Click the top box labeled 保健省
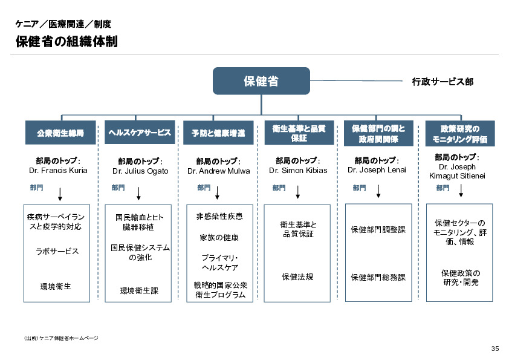(261, 80)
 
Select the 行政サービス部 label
(443, 81)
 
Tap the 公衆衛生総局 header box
(60, 133)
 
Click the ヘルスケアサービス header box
(140, 133)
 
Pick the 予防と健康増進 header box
(218, 133)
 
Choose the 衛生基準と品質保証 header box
(299, 133)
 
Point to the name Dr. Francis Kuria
(58, 170)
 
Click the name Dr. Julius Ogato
(140, 171)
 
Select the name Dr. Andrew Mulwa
(218, 171)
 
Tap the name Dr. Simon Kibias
(298, 170)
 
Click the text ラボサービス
(58, 251)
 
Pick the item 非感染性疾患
(219, 216)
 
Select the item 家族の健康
(219, 237)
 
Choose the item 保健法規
(298, 277)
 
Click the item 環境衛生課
(140, 290)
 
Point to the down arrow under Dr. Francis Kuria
(60, 194)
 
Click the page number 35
(494, 349)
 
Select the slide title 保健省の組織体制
(66, 42)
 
